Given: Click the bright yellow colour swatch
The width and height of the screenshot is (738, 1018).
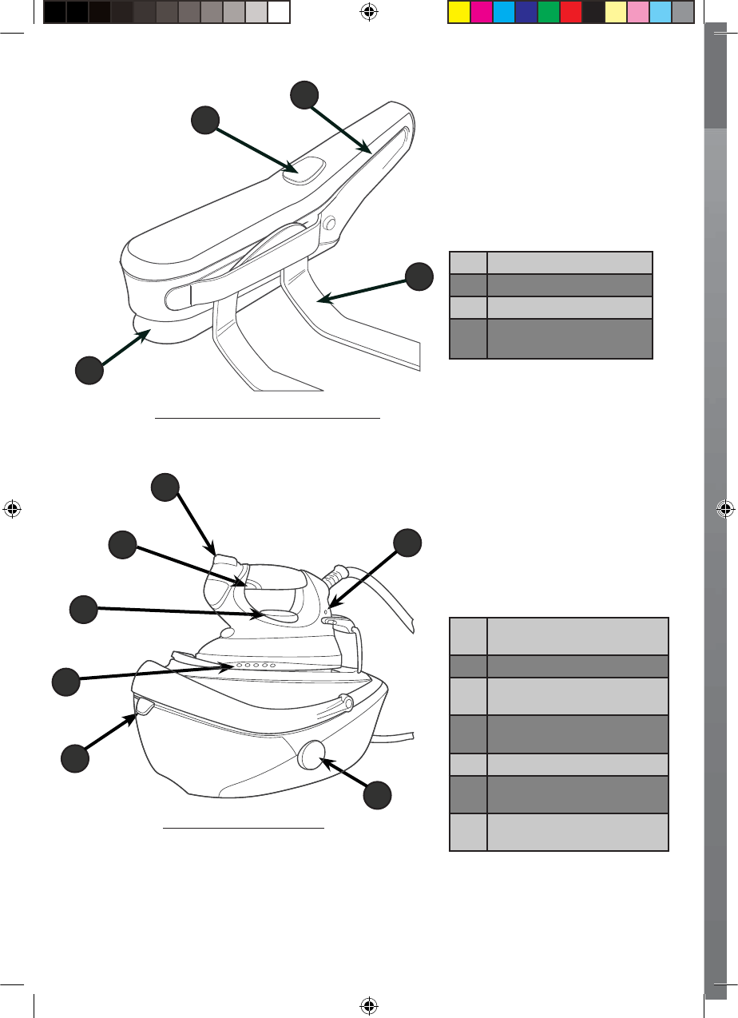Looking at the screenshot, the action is (459, 12).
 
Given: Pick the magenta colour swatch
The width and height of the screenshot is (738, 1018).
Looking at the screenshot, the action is (482, 12).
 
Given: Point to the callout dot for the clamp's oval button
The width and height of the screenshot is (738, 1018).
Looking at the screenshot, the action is (204, 121).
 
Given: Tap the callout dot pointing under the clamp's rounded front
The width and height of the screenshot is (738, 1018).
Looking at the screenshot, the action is (89, 371).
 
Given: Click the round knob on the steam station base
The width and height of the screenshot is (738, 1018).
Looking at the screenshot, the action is (310, 754).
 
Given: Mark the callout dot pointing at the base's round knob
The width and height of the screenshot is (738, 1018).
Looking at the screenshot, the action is (378, 796).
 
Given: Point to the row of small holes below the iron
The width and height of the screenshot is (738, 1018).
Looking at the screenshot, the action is (253, 665).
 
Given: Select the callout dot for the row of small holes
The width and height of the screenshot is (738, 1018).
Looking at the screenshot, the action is (65, 682).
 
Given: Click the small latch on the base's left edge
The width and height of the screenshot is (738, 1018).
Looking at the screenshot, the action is (143, 705).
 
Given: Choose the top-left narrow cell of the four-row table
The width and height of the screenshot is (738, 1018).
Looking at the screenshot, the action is (468, 263).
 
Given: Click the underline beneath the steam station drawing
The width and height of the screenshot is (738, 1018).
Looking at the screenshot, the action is (244, 829).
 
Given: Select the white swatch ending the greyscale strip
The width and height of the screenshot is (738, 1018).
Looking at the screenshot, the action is (278, 12).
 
